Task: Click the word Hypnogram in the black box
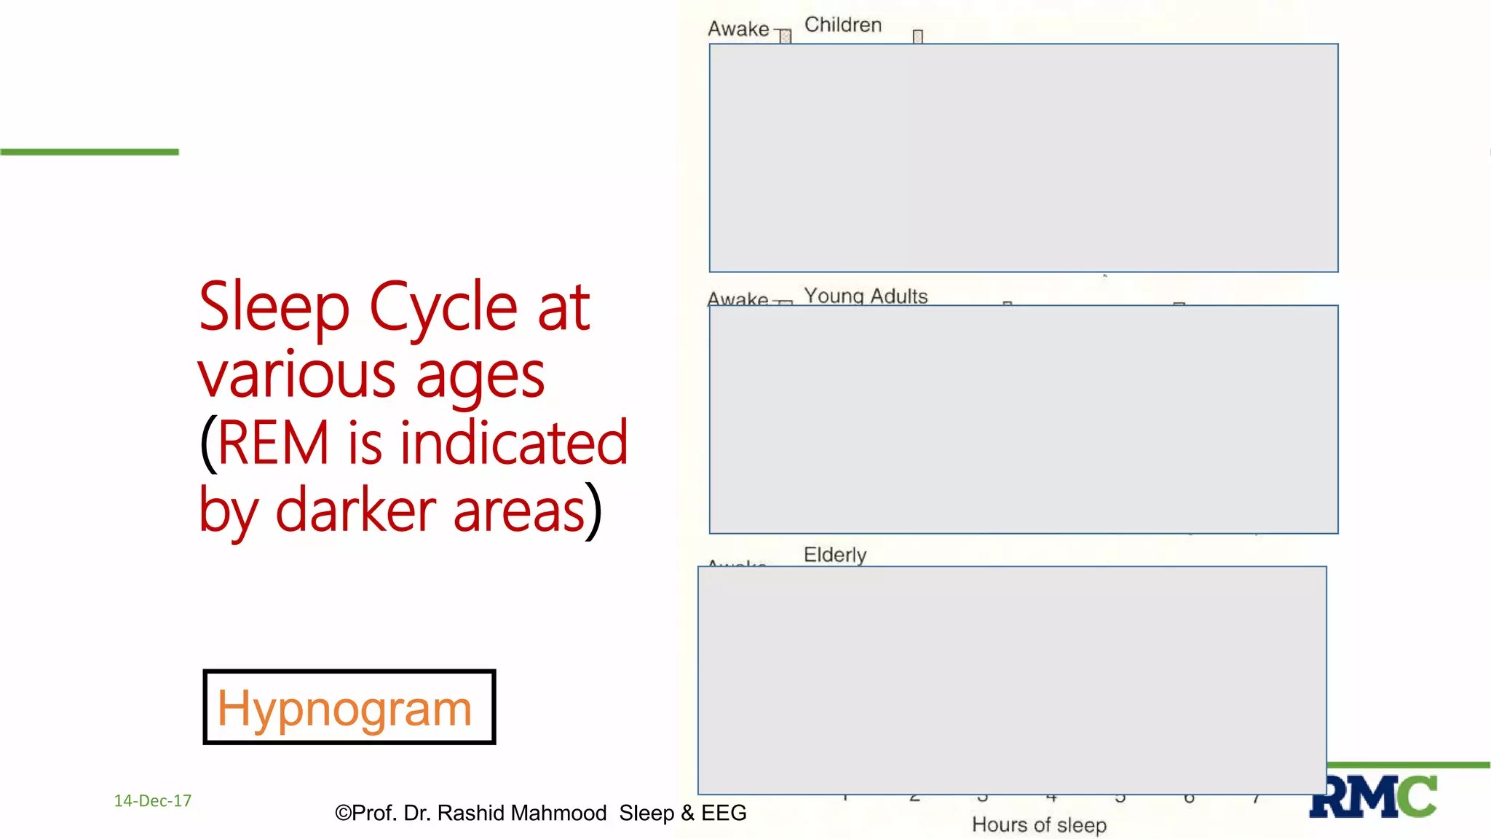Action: [344, 708]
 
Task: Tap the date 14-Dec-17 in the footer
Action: [153, 800]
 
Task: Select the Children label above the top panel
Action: [843, 25]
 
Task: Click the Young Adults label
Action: [866, 296]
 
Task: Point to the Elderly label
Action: [835, 554]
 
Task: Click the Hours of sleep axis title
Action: [1039, 824]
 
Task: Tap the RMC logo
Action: [1373, 797]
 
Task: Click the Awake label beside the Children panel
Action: [738, 29]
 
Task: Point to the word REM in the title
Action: [273, 443]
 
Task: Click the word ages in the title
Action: [480, 376]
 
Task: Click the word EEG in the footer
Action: [724, 813]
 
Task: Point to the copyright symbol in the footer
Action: [342, 813]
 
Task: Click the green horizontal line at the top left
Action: [90, 151]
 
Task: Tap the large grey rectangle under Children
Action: [1024, 157]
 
